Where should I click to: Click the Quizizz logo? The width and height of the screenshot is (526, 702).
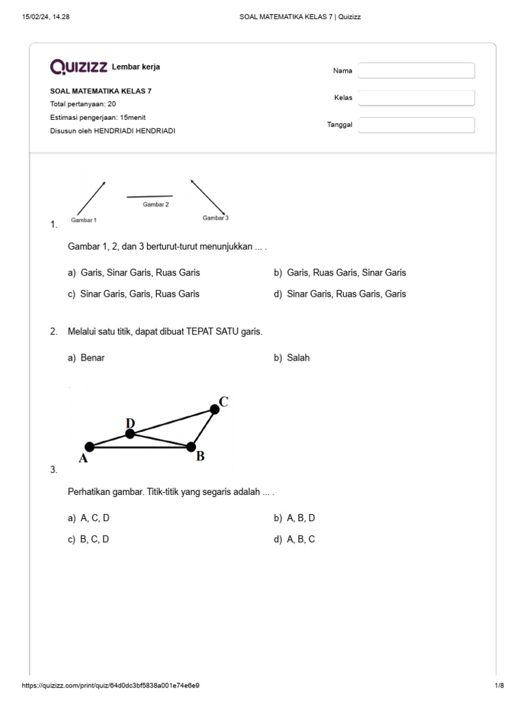[x=79, y=66]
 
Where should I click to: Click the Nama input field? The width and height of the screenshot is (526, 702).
[x=416, y=71]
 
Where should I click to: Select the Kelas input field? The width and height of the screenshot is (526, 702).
[x=416, y=98]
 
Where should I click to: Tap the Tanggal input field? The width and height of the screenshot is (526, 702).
[x=416, y=125]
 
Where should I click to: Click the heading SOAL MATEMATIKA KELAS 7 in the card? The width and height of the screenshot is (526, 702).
[x=101, y=90]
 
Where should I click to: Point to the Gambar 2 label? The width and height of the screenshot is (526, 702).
[x=155, y=204]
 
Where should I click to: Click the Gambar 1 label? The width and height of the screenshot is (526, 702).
[x=84, y=220]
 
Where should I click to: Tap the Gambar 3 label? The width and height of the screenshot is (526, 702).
[x=215, y=217]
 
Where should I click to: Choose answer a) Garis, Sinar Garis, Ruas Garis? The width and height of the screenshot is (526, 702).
[x=134, y=273]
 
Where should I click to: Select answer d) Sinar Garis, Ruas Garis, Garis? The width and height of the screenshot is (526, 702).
[x=340, y=294]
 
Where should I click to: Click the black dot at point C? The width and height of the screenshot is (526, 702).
[x=214, y=409]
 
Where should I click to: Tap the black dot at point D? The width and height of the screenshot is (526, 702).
[x=130, y=433]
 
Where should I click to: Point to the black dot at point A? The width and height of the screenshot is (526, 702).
[x=89, y=447]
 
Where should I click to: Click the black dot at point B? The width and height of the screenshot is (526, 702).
[x=191, y=447]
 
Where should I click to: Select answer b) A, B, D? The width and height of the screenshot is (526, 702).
[x=295, y=518]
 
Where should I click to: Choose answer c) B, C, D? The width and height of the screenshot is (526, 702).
[x=88, y=540]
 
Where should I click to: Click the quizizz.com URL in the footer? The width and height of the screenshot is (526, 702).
[x=111, y=686]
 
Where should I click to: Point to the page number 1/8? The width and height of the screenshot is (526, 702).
[x=499, y=686]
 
